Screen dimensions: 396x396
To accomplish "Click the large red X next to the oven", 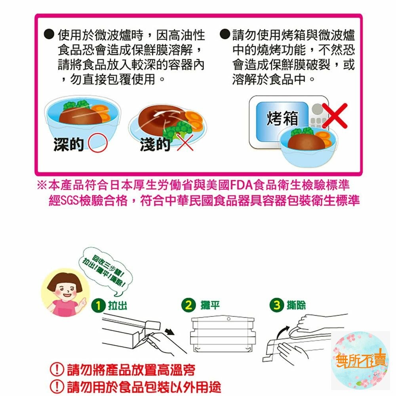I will [334, 116].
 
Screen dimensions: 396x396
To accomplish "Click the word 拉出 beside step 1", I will [118, 305].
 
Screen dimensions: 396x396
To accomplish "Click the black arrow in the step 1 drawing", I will [169, 331].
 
